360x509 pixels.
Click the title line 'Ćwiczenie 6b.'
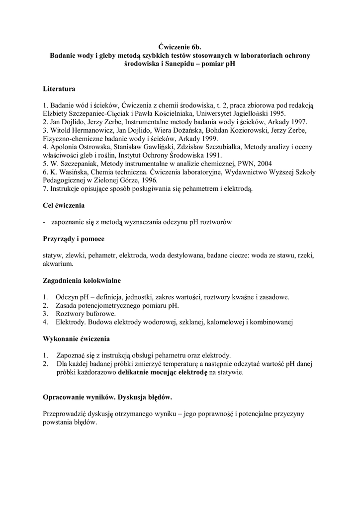(x=180, y=47)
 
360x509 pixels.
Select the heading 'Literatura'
(x=59, y=89)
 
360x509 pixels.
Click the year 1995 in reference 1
(x=276, y=113)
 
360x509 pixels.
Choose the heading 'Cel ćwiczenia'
(x=64, y=205)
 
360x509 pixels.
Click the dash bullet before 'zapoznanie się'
(x=45, y=222)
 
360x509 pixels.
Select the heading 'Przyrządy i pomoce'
(x=74, y=239)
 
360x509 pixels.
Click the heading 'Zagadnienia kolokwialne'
(x=82, y=280)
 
